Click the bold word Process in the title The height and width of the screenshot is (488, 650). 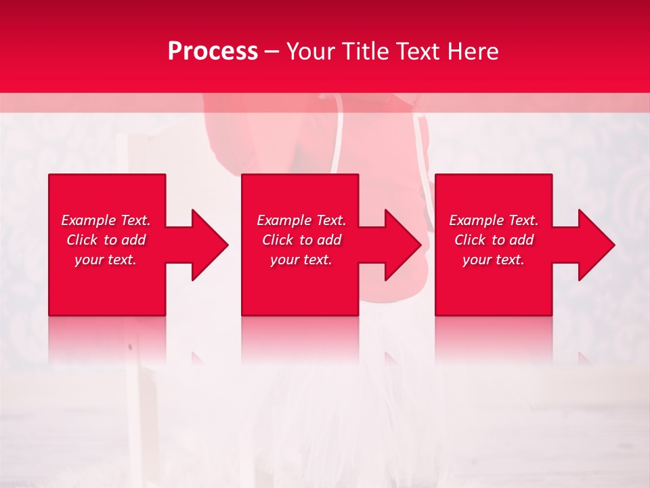click(213, 52)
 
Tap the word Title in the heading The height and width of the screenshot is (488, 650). click(366, 52)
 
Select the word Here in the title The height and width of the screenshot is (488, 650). click(473, 52)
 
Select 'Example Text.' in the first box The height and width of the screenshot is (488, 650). click(106, 220)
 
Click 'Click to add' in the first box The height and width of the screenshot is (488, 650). click(106, 240)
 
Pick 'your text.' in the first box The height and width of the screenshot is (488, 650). click(106, 260)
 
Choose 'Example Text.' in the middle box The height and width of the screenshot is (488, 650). click(301, 220)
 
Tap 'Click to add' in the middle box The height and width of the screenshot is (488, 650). click(301, 240)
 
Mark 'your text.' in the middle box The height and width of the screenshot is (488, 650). click(301, 260)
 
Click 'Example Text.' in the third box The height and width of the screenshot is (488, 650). click(494, 220)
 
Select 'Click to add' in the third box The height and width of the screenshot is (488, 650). click(494, 240)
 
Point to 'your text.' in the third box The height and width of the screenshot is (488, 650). click(494, 260)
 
